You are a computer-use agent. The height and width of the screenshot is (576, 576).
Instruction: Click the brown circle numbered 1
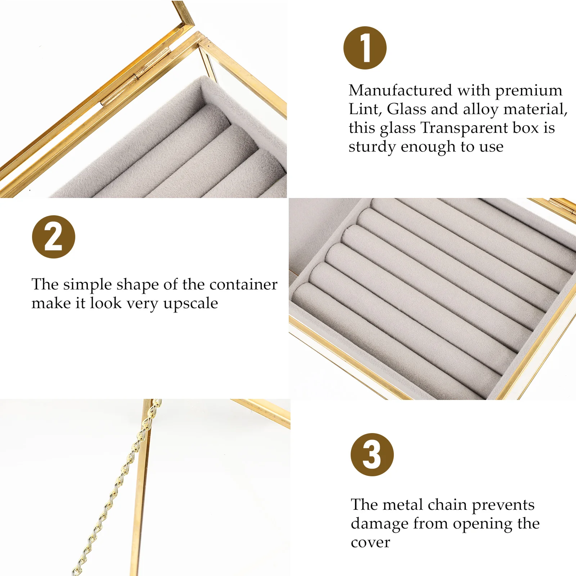365,48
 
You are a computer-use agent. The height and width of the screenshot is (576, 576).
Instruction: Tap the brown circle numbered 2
54,237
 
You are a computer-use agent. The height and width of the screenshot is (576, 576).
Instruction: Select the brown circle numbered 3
372,455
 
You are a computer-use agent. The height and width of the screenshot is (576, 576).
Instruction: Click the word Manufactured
400,90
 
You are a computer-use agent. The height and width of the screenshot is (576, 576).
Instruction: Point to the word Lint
365,109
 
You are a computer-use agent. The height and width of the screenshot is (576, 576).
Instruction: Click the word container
243,284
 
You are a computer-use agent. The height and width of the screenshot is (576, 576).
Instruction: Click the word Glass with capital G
406,109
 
